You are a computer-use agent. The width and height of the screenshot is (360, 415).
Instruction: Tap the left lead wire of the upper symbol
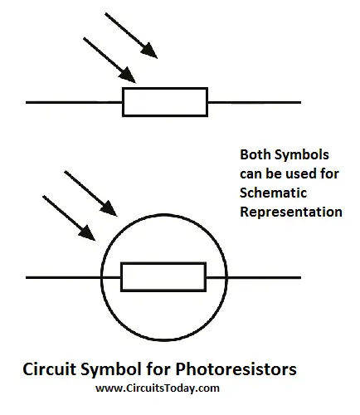tap(74, 102)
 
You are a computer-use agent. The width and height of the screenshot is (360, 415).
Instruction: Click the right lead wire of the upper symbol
tap(255, 102)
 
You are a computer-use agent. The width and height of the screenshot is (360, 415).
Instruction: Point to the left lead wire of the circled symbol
tap(73, 277)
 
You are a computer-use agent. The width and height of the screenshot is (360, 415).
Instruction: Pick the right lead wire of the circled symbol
tap(254, 277)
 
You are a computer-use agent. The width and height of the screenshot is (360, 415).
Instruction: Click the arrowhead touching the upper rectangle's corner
tap(128, 76)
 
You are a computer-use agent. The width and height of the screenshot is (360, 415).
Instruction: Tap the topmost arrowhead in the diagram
tap(149, 51)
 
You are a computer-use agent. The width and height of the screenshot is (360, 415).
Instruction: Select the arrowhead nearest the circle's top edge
tap(109, 208)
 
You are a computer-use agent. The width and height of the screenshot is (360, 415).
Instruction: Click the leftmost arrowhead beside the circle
tap(87, 233)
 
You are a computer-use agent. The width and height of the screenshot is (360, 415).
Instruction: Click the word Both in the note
tap(255, 154)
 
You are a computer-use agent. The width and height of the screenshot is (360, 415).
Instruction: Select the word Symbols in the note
tap(302, 155)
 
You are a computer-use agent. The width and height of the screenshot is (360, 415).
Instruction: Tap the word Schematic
tap(273, 193)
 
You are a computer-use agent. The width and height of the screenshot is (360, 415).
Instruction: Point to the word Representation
tap(291, 212)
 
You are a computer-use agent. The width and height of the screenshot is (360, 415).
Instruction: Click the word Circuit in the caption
tap(49, 369)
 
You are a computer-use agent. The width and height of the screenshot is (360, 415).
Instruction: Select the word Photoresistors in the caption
tap(236, 369)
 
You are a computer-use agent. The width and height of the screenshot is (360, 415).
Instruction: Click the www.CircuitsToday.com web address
tap(158, 388)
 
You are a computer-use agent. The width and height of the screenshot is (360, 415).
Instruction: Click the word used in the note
tap(301, 173)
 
